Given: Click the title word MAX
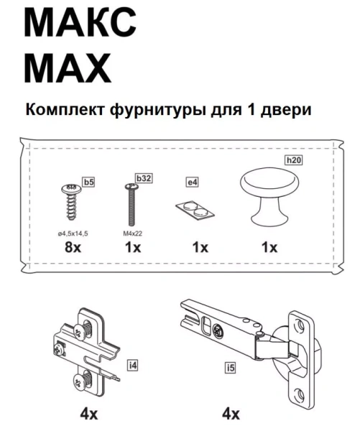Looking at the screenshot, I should tap(68, 69).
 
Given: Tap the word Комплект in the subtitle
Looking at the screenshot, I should tap(66, 111).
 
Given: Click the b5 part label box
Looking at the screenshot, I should tap(88, 183).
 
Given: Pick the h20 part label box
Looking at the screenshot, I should tap(292, 162).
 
